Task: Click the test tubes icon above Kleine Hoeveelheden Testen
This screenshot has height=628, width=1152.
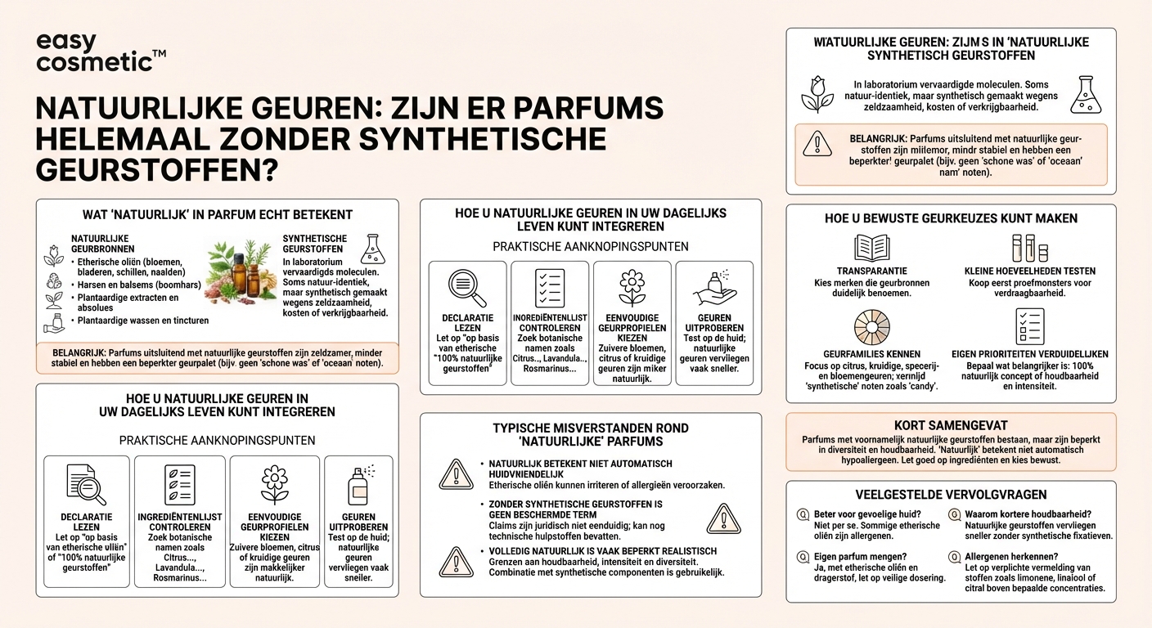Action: click(1029, 248)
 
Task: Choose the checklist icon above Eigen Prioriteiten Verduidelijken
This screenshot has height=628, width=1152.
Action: click(1029, 325)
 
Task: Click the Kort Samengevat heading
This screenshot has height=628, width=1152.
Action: click(950, 426)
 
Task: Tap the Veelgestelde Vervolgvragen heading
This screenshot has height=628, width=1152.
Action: click(950, 495)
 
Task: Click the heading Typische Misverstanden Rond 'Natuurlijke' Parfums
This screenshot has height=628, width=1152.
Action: click(590, 435)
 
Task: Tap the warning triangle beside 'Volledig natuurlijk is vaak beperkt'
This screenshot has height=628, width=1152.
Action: click(455, 562)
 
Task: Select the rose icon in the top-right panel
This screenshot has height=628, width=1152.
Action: click(817, 95)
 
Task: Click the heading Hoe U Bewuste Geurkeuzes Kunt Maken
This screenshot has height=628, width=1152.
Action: click(951, 218)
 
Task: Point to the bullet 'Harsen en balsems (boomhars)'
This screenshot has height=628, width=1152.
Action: click(136, 285)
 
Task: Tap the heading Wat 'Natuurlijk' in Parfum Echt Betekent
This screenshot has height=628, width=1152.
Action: click(218, 214)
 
